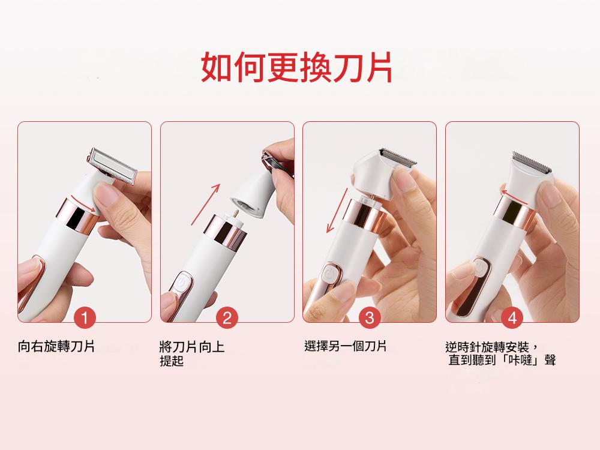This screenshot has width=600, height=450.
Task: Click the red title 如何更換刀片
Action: (296, 67)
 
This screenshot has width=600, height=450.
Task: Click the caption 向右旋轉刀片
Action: (56, 346)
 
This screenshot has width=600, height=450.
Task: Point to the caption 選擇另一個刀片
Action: (346, 346)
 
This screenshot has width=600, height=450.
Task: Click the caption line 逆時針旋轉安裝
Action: (487, 347)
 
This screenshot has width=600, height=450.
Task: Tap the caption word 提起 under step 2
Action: (172, 361)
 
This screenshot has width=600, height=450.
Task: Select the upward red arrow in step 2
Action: (205, 205)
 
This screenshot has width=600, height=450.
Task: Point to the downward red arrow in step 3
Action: (337, 210)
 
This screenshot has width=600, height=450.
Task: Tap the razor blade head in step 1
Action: (111, 166)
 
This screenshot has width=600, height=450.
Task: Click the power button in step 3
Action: (329, 275)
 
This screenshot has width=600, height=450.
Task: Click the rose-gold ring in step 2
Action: (225, 231)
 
